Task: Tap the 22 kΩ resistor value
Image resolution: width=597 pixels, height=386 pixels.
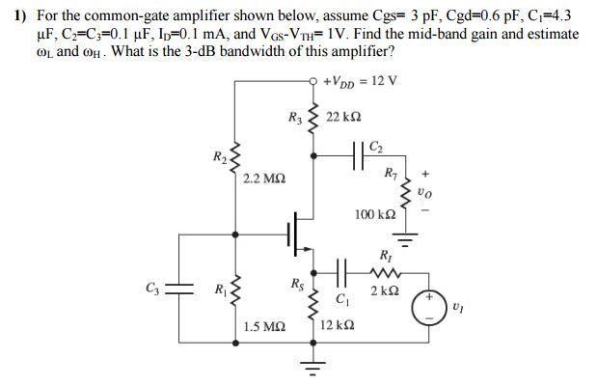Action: tap(345, 117)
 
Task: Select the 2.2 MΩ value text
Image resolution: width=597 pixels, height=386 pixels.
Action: tap(263, 179)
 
